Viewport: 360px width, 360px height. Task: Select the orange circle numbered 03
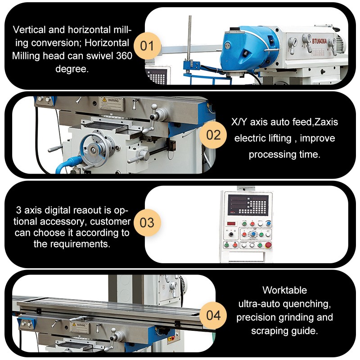click(147, 223)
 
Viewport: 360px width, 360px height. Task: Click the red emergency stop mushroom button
click(269, 245)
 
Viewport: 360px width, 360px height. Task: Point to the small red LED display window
click(231, 223)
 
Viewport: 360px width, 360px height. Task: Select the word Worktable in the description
click(284, 290)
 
